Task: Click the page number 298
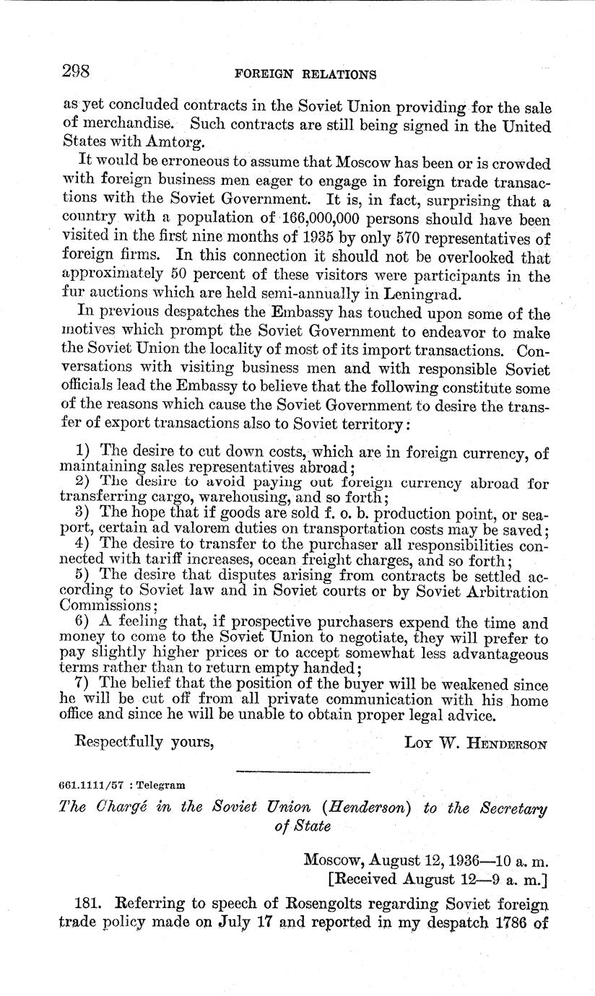(x=75, y=71)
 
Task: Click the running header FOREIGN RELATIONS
(x=306, y=74)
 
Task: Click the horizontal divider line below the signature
(x=303, y=772)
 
